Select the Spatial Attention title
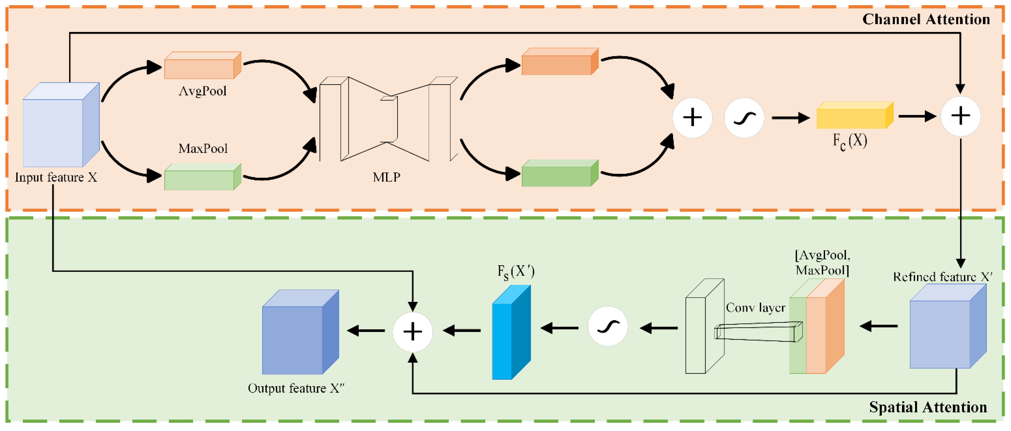[x=928, y=407]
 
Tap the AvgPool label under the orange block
[x=203, y=91]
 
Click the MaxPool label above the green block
[x=203, y=149]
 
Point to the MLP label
[x=387, y=177]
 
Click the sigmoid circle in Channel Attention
[x=744, y=118]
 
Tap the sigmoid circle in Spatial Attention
[x=608, y=326]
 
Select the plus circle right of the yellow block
[x=960, y=116]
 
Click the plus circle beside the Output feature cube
[x=413, y=332]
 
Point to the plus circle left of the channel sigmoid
[x=692, y=118]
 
